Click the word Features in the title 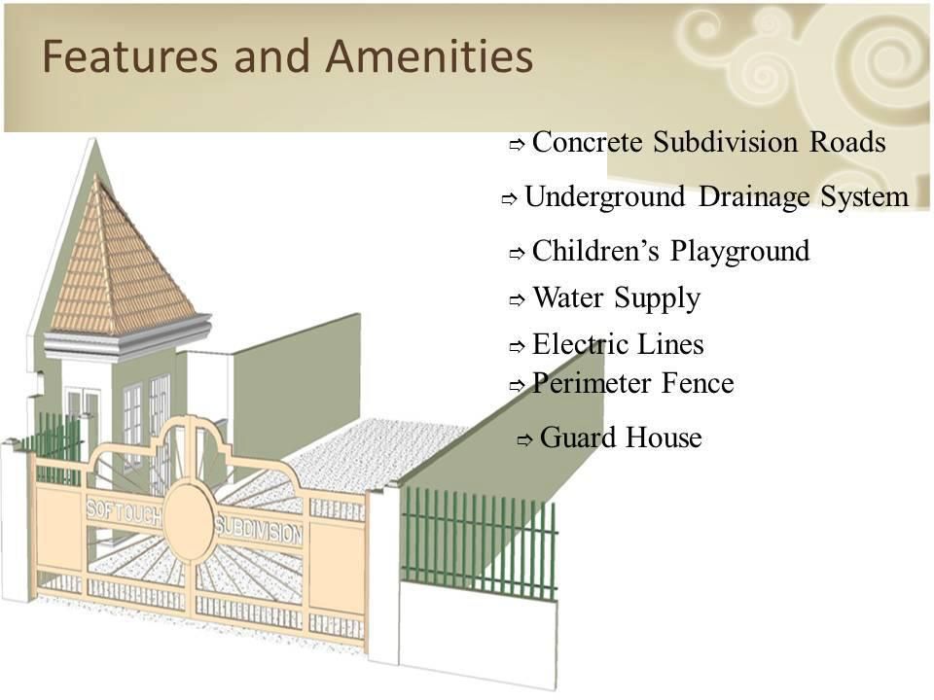point(129,56)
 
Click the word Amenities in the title point(429,56)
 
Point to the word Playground point(739,252)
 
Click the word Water point(567,297)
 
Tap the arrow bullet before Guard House point(524,440)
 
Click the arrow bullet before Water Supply point(517,300)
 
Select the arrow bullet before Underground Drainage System point(509,199)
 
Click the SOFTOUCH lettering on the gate point(124,510)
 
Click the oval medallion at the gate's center point(189,522)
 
